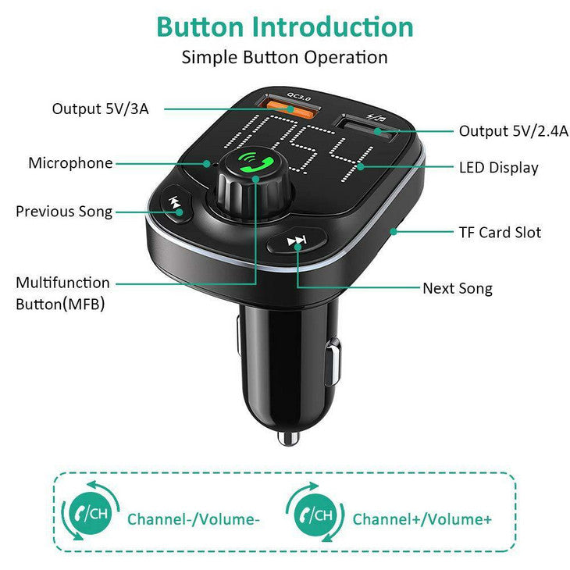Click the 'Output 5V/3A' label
tap(100, 109)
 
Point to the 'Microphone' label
tap(70, 163)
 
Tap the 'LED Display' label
tap(498, 167)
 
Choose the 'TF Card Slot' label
tap(500, 232)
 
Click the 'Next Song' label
tap(458, 288)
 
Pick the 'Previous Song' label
tap(64, 212)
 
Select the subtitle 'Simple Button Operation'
tap(284, 57)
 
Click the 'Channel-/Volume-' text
tap(194, 518)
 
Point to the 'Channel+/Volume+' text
tap(422, 518)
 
